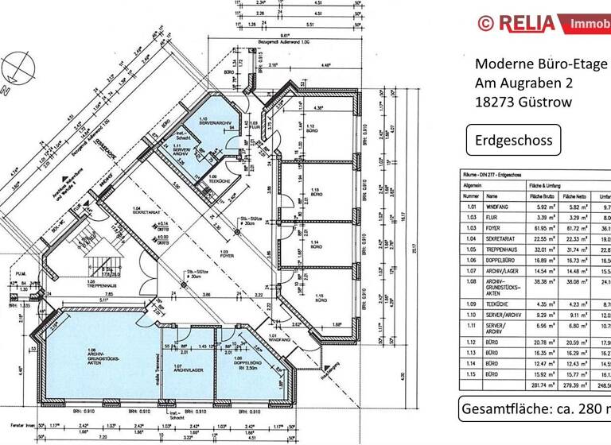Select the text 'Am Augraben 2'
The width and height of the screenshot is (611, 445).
523,83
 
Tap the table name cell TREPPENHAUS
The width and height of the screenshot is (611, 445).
504,247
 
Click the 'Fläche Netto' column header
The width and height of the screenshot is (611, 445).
574,195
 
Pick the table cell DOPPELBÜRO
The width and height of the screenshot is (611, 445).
502,258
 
